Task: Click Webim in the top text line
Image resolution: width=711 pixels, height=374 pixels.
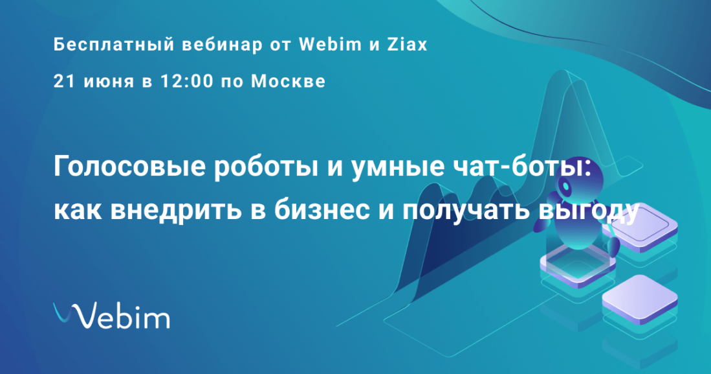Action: [x=331, y=45]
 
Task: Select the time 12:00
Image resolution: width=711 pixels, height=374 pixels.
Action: [x=187, y=81]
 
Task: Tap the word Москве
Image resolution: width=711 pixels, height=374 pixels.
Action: [x=288, y=82]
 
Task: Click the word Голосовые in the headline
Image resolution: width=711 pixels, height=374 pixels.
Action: [x=129, y=167]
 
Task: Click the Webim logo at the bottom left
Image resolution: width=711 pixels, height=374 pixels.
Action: [x=111, y=315]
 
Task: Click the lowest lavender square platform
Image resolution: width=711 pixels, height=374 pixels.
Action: [x=639, y=299]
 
